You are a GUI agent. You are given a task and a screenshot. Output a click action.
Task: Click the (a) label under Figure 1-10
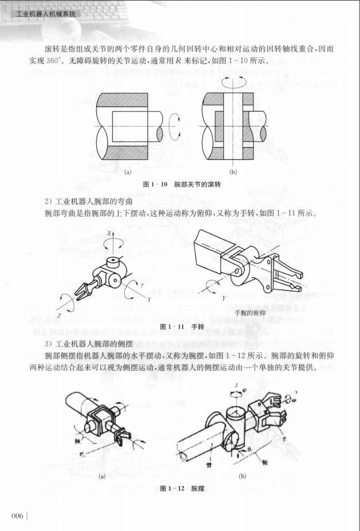129,171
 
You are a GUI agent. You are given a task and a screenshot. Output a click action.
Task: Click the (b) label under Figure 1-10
233,171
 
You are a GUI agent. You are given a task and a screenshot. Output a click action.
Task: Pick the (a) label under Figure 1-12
102,475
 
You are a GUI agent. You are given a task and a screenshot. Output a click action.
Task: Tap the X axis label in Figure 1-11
108,234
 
